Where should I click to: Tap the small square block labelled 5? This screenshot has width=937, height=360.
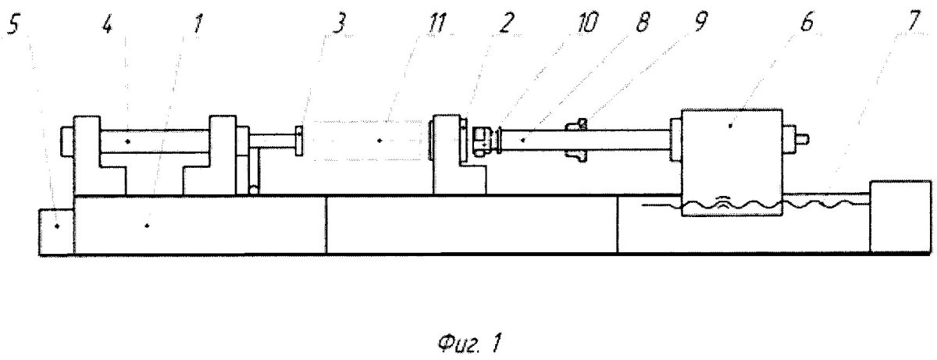[x=56, y=232]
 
